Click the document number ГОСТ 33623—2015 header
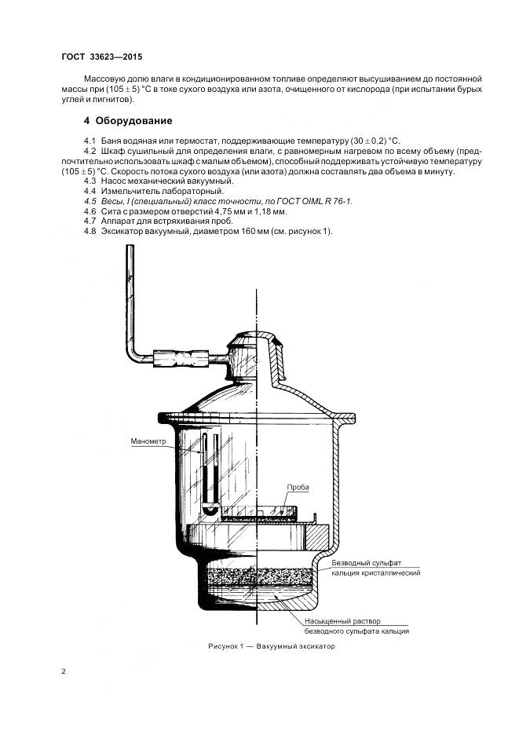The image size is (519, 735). click(102, 57)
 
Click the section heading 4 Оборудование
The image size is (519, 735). click(128, 120)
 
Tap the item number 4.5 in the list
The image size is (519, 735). click(90, 201)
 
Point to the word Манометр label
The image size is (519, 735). click(148, 441)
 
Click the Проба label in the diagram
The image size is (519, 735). click(298, 487)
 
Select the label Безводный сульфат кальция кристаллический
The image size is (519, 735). click(375, 568)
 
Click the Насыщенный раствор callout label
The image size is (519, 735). click(342, 621)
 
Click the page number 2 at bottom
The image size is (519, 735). click(64, 671)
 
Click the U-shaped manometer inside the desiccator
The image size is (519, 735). click(210, 474)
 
